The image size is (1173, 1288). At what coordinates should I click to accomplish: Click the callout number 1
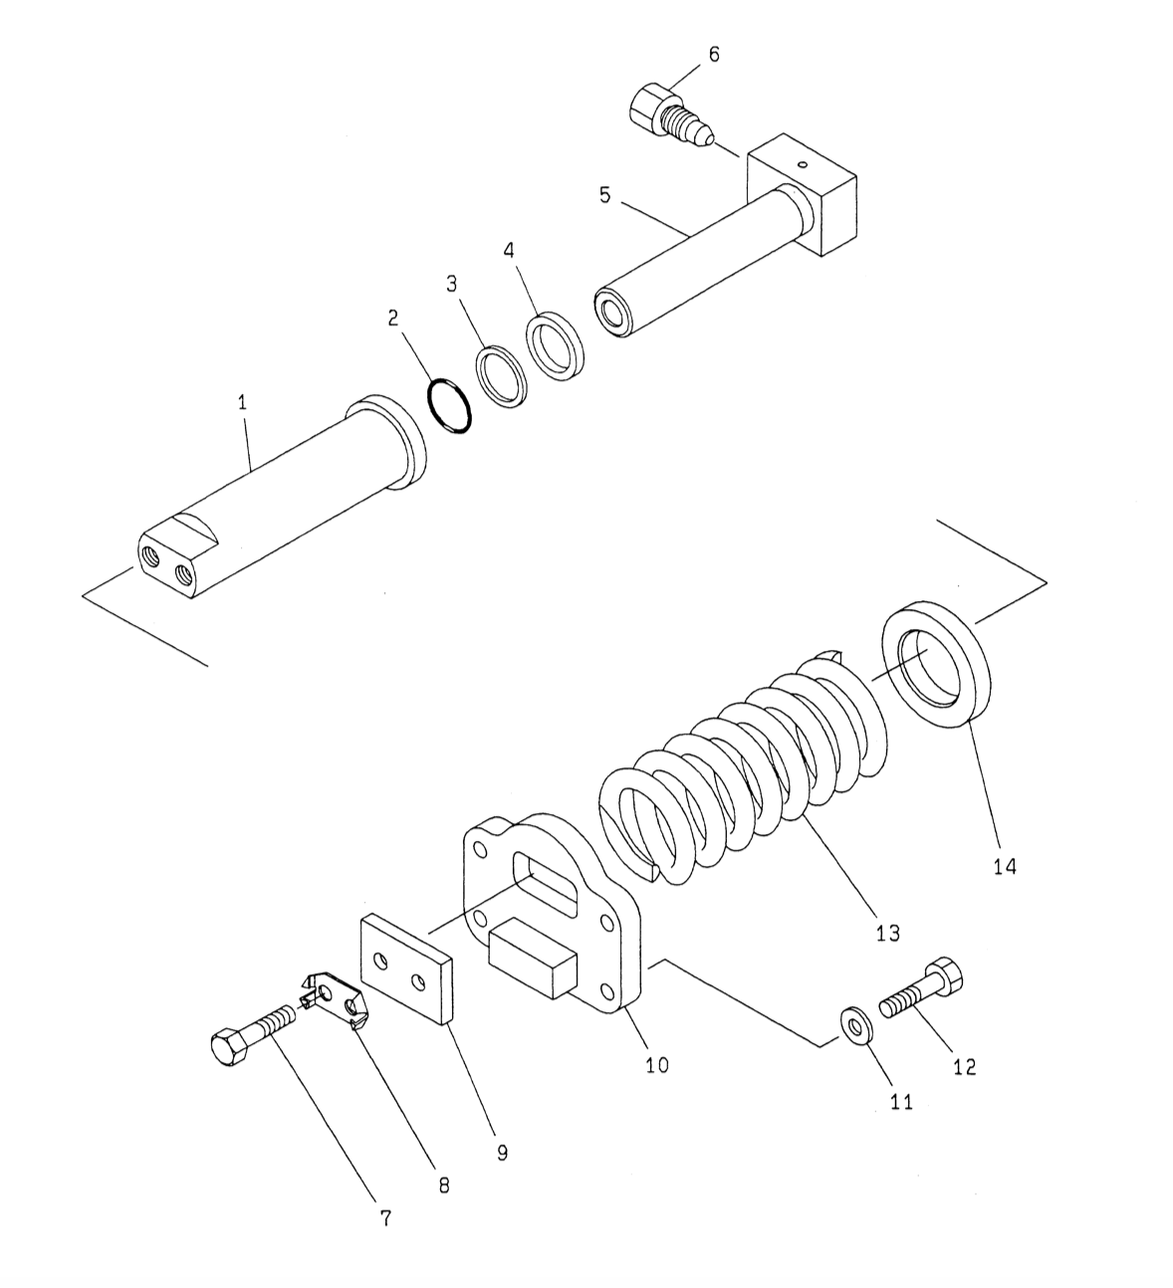[x=242, y=403]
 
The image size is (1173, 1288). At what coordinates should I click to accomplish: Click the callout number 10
[x=656, y=1064]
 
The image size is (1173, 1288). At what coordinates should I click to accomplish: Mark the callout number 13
[x=887, y=933]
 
